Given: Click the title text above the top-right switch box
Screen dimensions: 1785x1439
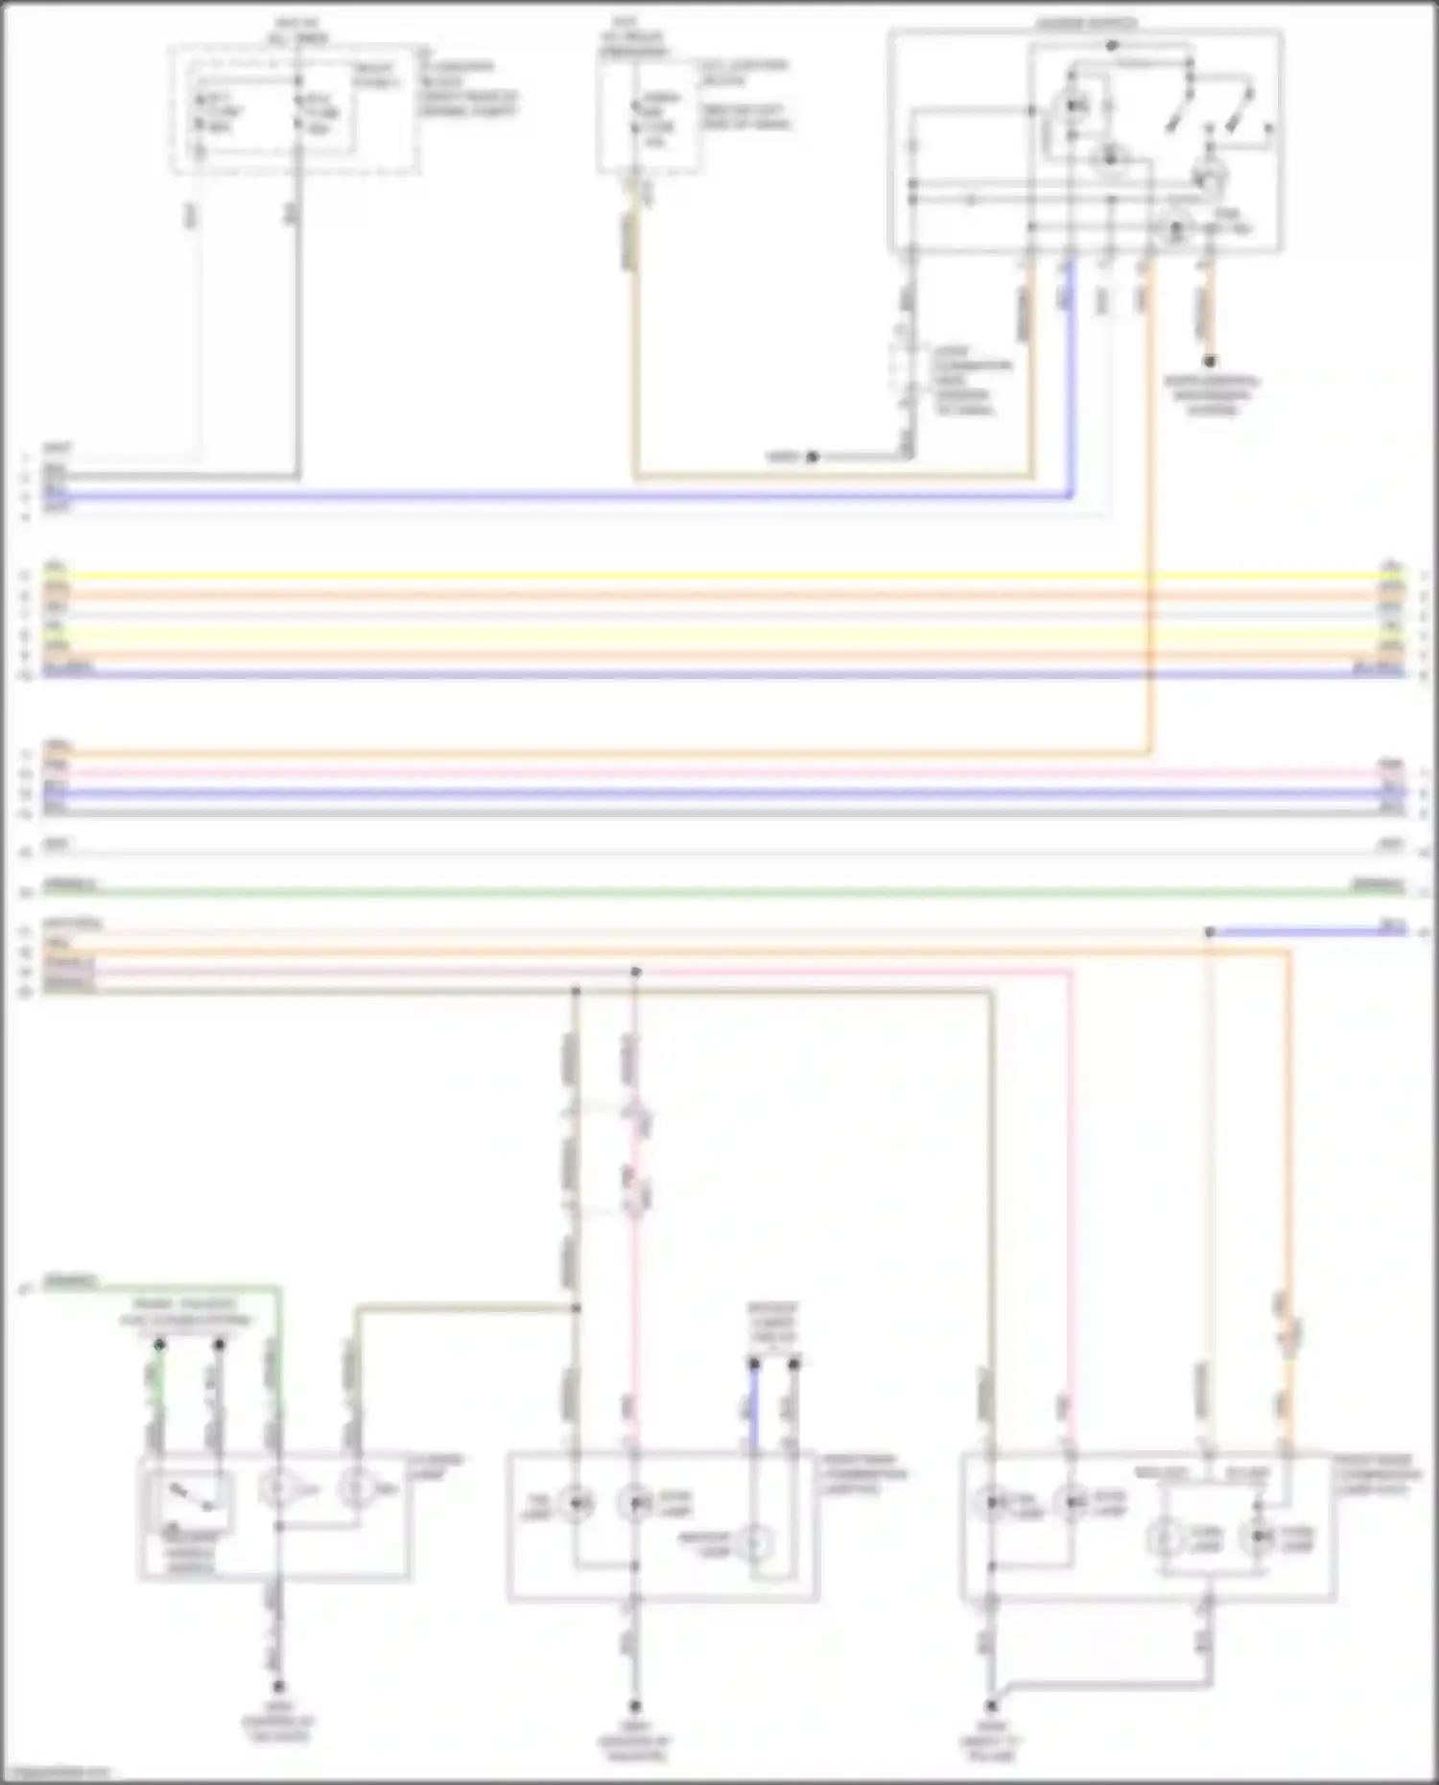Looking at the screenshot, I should (1086, 22).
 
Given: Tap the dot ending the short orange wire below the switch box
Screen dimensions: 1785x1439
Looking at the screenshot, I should (1211, 362).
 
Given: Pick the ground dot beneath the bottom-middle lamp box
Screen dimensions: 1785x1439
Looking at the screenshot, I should (634, 1706).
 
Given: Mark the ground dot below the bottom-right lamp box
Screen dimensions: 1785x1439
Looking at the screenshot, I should (992, 1706).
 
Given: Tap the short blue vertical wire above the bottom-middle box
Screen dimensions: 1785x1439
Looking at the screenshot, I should (754, 1405).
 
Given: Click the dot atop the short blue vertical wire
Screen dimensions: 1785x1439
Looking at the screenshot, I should (754, 1363).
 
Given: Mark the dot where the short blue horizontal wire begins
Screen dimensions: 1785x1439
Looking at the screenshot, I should (1210, 931).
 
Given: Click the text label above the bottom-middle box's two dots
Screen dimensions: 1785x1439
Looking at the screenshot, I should (773, 1323).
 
